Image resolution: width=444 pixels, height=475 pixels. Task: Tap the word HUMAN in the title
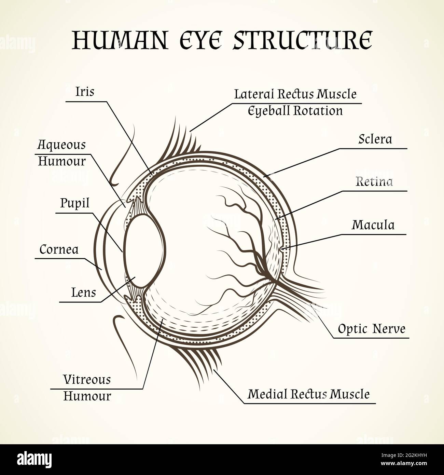[x=120, y=40]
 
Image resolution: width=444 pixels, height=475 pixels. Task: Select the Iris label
[x=85, y=92]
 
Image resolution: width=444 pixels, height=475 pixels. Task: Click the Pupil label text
[x=75, y=203]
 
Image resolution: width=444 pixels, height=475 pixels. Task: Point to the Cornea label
[x=59, y=249]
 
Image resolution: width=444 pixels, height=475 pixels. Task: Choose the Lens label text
[x=83, y=293]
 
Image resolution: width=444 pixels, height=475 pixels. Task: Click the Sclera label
[x=375, y=139]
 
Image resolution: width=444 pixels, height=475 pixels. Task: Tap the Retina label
[x=374, y=181]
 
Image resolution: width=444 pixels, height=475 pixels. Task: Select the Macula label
[x=373, y=225]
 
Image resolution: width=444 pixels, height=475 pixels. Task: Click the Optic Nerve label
[x=372, y=329]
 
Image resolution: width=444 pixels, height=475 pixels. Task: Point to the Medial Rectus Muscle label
[x=308, y=394]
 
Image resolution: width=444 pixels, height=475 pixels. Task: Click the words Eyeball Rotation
[x=295, y=111]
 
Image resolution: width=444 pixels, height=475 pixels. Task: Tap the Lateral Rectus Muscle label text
[x=295, y=94]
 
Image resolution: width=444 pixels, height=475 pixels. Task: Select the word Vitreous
[x=87, y=380]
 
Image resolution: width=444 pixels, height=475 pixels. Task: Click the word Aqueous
[x=61, y=145]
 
